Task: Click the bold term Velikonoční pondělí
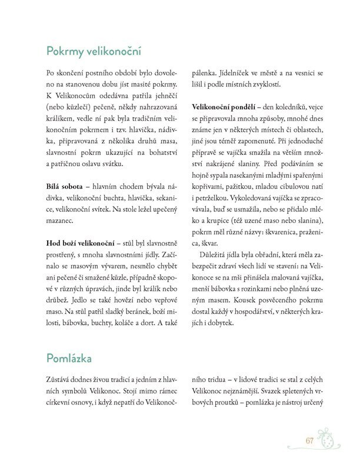point(222,107)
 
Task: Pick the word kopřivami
point(208,194)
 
